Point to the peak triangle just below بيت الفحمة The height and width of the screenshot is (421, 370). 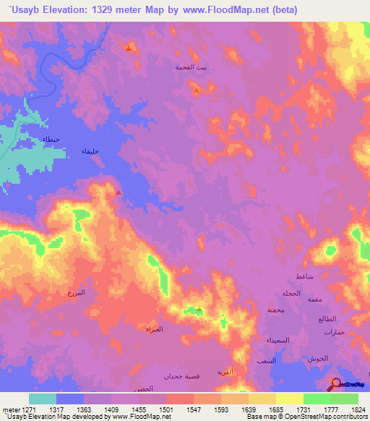(x=196, y=90)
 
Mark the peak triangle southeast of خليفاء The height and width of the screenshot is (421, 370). (x=119, y=192)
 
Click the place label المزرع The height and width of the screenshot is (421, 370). (x=75, y=292)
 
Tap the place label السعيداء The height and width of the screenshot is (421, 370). (x=278, y=340)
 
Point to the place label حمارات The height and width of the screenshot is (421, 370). (x=337, y=331)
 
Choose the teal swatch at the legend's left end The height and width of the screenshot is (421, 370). (x=43, y=399)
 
